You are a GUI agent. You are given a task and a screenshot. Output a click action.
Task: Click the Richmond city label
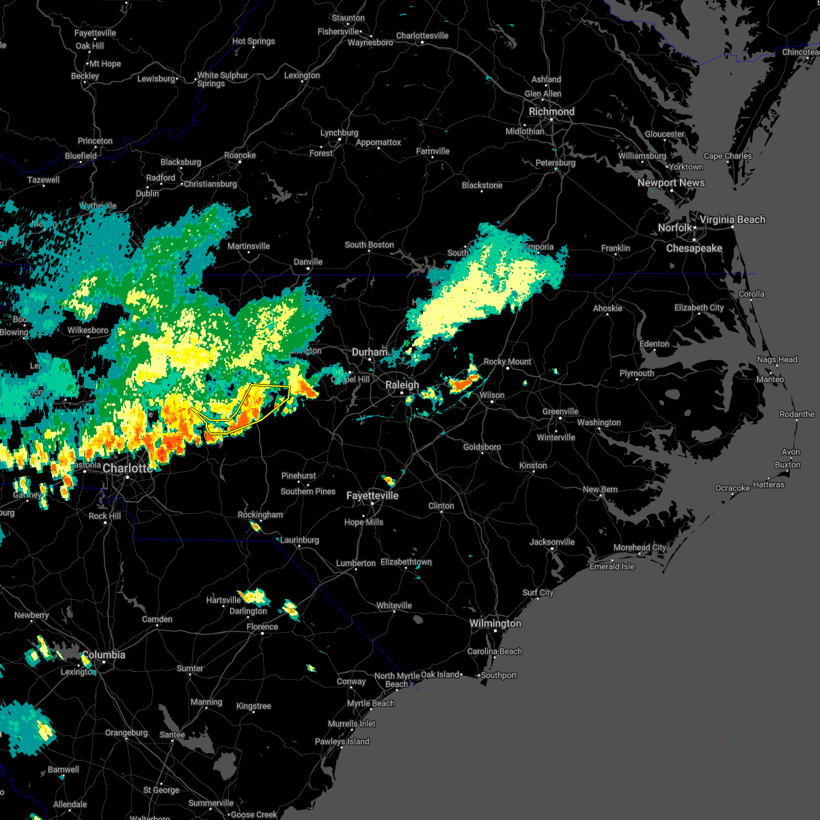[x=551, y=111]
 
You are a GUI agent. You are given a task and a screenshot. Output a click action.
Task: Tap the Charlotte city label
[x=128, y=468]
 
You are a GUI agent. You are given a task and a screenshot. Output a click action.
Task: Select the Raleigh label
[x=402, y=385]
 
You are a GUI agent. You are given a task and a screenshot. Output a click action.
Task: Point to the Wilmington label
[x=495, y=623]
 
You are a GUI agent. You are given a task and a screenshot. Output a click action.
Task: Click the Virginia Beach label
[x=732, y=219]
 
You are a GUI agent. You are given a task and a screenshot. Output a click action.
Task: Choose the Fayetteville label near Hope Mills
[x=372, y=495]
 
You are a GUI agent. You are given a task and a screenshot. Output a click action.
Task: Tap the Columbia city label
[x=104, y=655]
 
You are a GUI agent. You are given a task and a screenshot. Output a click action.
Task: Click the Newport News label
[x=670, y=182]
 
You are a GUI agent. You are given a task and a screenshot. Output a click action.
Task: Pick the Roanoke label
[x=240, y=155]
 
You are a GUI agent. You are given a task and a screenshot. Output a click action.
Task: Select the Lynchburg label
[x=339, y=133]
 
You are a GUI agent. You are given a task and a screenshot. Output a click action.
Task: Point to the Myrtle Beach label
[x=370, y=703]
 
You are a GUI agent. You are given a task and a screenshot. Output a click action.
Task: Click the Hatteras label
[x=768, y=484]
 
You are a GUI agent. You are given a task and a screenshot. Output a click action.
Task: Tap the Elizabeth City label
[x=698, y=307]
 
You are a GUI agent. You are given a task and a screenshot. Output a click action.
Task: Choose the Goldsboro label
[x=482, y=447]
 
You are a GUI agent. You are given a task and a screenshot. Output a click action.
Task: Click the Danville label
[x=307, y=262]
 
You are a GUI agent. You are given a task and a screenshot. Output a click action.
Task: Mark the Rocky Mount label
[x=507, y=361]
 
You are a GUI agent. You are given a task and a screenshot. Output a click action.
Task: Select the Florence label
[x=262, y=627]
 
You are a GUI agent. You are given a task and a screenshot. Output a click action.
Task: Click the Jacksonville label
[x=551, y=542]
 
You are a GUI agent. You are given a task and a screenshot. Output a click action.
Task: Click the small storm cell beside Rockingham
[x=255, y=526]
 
